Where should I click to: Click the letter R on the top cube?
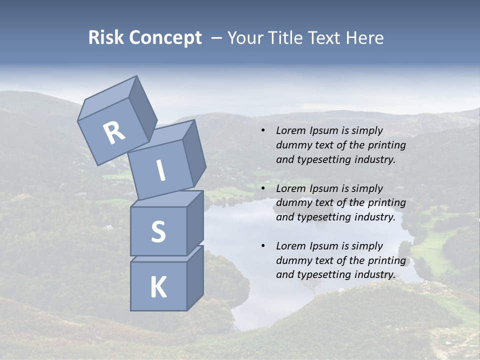114,133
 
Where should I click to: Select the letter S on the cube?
158,231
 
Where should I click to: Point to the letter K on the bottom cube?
158,287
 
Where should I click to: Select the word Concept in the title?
165,38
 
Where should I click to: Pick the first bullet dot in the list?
262,131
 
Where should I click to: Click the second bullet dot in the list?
262,189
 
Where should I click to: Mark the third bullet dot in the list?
262,246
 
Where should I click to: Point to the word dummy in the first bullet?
292,145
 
